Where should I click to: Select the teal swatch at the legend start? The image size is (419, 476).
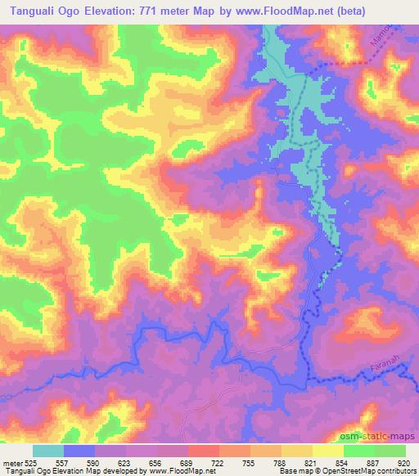[x=48, y=451]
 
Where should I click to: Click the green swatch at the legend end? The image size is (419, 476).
[x=390, y=451]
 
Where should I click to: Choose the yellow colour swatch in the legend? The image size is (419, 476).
[x=327, y=451]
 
